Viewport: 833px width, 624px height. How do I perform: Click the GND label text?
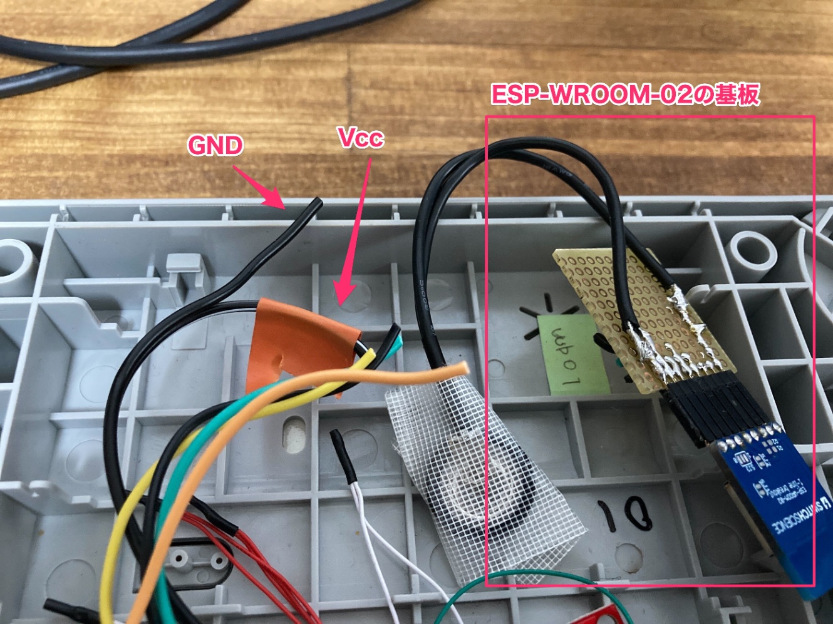tap(215, 146)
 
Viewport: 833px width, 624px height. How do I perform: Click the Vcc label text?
tap(360, 138)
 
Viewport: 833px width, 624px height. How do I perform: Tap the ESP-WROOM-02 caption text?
tap(625, 95)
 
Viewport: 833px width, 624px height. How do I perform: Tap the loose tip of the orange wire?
tap(462, 367)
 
